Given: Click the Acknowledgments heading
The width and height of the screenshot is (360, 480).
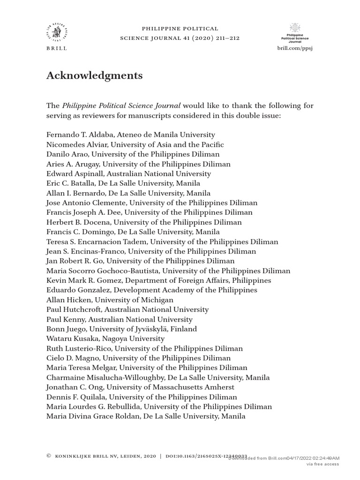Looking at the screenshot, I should tap(94, 75).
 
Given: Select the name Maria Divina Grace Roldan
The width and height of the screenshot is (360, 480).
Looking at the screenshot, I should tap(93, 416).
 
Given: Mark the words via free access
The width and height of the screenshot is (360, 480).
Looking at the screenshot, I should tap(322, 464).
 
